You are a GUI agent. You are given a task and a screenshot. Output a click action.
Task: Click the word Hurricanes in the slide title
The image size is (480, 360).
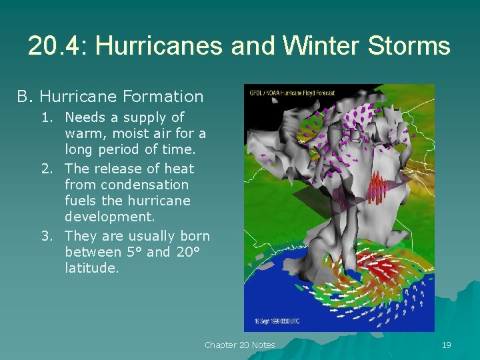click(159, 47)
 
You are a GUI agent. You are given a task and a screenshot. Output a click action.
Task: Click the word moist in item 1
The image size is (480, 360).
click(123, 134)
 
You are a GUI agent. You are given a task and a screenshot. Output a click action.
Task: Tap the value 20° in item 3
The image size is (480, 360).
click(188, 252)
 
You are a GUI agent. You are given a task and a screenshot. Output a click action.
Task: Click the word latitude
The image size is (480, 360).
click(92, 268)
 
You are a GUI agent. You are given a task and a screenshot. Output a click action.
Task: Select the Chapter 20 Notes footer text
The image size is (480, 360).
click(239, 345)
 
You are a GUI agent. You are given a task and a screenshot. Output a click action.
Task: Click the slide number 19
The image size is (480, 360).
click(446, 345)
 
